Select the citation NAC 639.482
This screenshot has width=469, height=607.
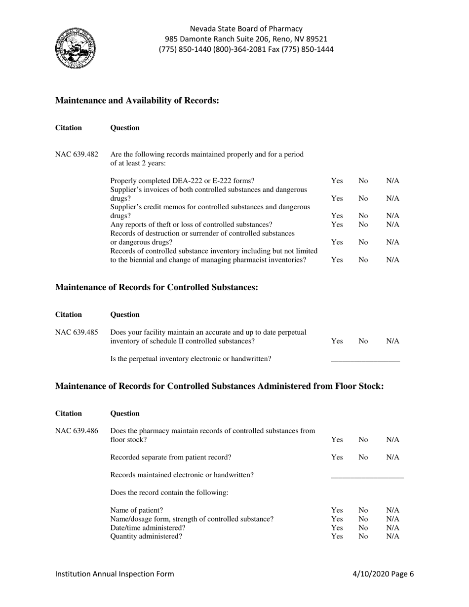77,154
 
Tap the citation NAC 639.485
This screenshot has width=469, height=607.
77,332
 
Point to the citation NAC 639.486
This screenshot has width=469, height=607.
77,431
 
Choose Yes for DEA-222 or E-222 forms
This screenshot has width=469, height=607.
337,181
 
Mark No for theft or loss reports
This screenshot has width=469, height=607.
363,225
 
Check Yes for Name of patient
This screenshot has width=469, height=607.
337,510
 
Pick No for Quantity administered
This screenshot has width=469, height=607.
363,536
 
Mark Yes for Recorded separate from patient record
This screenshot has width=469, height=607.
337,457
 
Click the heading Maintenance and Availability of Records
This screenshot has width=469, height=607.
137,101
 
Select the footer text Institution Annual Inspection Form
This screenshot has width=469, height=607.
115,574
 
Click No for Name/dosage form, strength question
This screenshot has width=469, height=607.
363,519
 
